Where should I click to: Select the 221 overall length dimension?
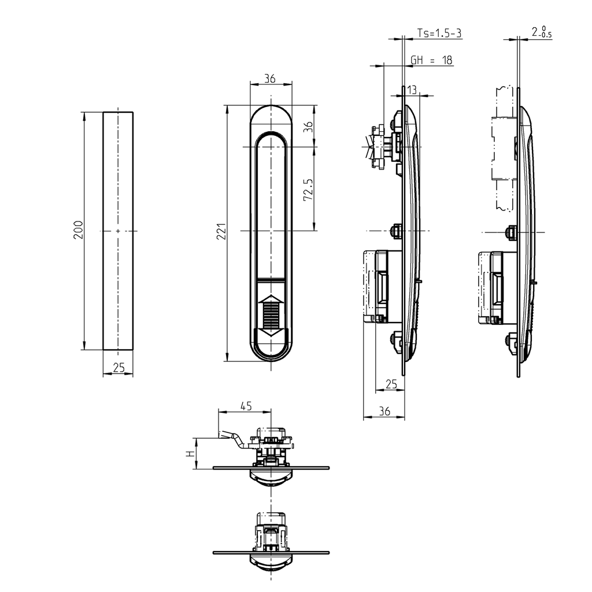pos(221,231)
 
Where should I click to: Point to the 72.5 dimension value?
pos(308,190)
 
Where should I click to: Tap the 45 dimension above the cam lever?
pos(246,406)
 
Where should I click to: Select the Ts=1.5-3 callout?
pos(439,34)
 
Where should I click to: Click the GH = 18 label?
pos(431,60)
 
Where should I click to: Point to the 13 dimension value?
pos(412,89)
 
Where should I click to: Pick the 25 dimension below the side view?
pos(391,384)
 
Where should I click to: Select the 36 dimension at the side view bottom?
pos(384,411)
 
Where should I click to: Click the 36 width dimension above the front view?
pos(270,79)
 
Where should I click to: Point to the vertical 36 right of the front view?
pos(308,126)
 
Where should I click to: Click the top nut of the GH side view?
pos(397,121)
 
